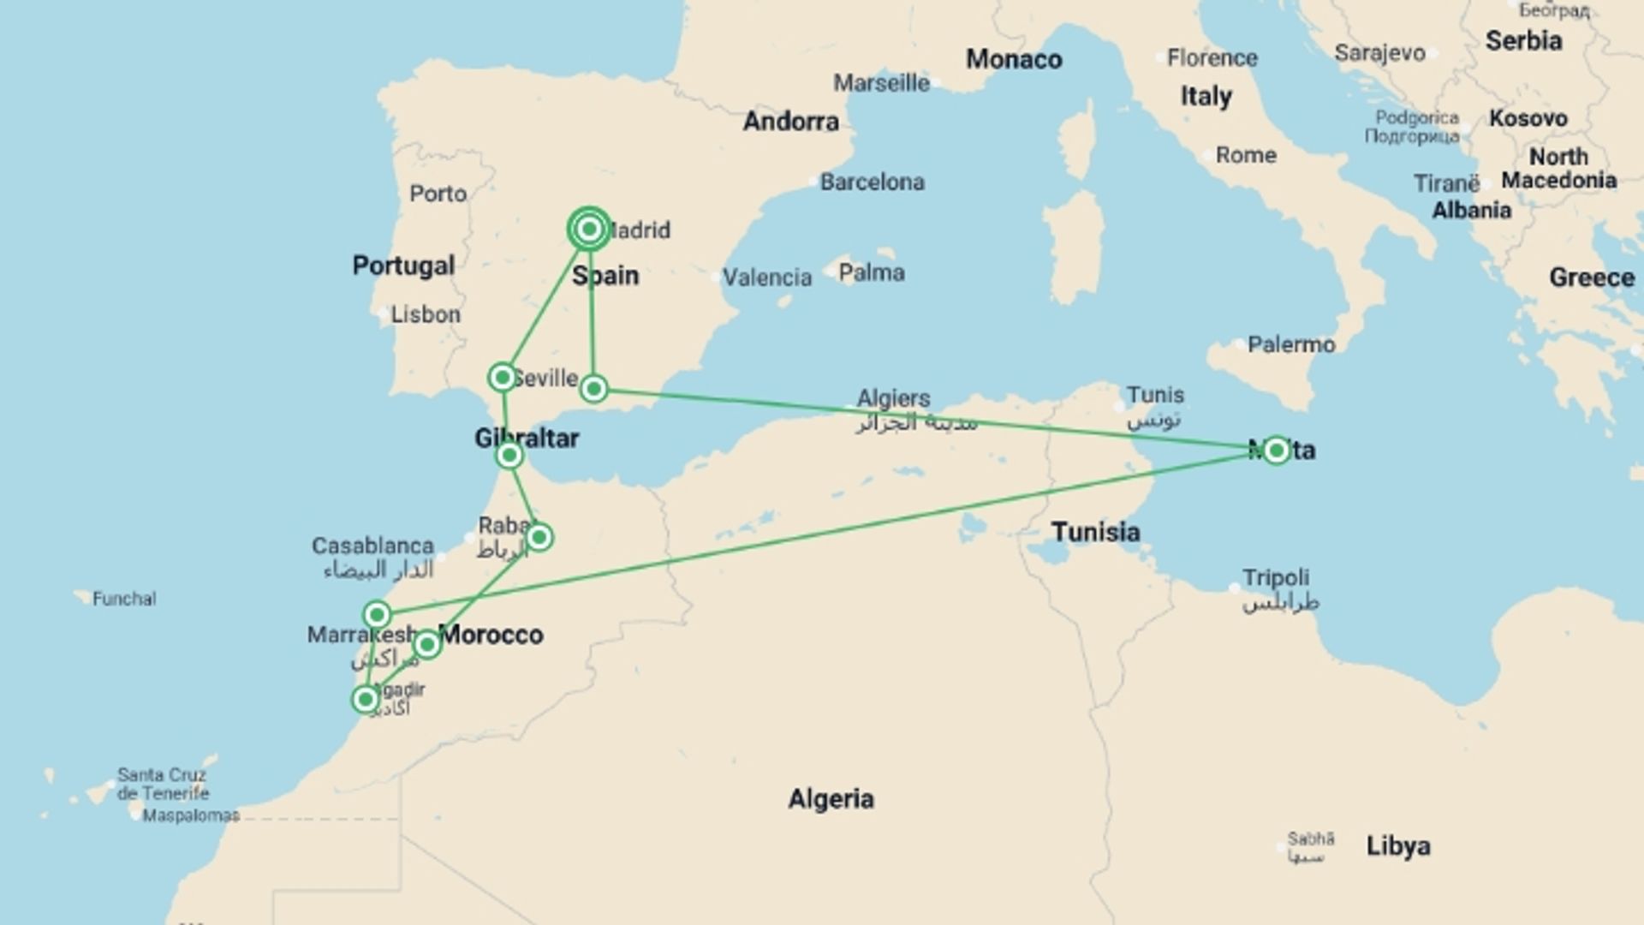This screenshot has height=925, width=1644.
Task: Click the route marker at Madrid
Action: pos(589,229)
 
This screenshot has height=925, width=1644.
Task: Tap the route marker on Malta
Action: pos(1276,450)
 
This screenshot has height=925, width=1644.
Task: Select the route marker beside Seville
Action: pos(503,377)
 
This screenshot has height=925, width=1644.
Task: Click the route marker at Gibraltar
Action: pos(509,455)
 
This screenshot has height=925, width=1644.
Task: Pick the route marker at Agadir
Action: pos(366,700)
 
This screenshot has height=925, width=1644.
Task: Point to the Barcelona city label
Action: pos(872,182)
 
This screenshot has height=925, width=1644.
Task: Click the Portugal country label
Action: pos(403,266)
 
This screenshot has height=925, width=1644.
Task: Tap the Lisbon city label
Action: pos(426,314)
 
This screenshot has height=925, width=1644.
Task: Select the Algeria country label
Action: pos(831,799)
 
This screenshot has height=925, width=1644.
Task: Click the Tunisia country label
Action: pos(1095,532)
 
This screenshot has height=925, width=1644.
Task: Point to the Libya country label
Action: pos(1397,846)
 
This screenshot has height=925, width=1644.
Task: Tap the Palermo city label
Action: pos(1290,344)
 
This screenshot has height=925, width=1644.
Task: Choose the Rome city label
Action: pos(1246,155)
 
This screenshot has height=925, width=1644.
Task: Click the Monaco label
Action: pos(1014,59)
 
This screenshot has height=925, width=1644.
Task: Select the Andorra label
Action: pos(790,122)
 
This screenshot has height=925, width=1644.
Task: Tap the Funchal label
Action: pos(124,599)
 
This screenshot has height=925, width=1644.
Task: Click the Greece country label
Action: pos(1591,277)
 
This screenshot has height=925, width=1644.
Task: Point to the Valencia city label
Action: pos(766,277)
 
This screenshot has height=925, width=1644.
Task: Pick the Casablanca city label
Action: pos(372,546)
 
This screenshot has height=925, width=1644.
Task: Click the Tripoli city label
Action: pos(1275,577)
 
